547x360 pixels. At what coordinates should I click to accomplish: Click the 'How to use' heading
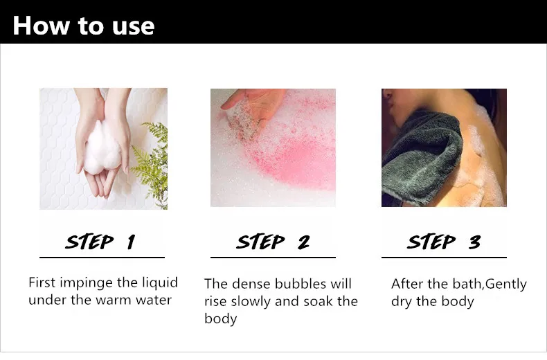point(84,26)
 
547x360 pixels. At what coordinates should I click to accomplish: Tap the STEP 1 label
point(100,242)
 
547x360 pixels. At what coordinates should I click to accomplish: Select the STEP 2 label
point(273,242)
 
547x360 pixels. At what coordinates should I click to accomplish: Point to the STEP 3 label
point(444,242)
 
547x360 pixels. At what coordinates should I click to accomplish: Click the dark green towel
point(422,157)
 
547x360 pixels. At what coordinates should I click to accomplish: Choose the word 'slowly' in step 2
point(251,302)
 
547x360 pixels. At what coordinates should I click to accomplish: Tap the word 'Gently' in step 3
point(506,285)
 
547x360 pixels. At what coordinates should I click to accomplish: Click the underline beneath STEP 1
point(102,258)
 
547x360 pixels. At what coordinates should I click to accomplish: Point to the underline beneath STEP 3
point(444,258)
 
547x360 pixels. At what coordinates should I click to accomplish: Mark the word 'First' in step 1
point(42,282)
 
